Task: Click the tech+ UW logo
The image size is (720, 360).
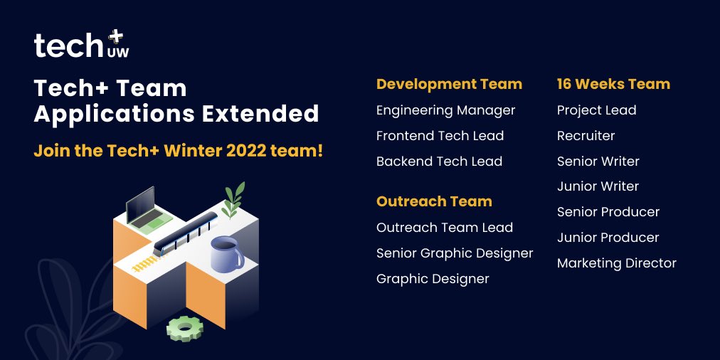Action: point(82,45)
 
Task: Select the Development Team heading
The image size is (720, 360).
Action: point(449,84)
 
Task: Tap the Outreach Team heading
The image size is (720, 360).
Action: point(434,201)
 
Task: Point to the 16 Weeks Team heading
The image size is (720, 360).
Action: point(613,84)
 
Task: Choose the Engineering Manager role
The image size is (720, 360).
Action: point(445,110)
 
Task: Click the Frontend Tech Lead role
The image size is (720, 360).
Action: point(440,136)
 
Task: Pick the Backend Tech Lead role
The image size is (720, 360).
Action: point(439,162)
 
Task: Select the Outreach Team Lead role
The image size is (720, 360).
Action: point(445,228)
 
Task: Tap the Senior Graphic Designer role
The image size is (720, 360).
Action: point(455,253)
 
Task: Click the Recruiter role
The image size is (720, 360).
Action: point(586,136)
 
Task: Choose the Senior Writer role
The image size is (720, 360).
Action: point(598,162)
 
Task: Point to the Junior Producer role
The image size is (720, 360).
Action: point(608,238)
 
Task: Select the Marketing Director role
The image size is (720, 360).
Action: point(616,263)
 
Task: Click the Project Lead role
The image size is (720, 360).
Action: point(596,110)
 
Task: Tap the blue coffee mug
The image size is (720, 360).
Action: point(226,254)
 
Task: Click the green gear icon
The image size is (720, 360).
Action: point(185,328)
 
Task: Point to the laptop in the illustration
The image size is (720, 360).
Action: point(145,209)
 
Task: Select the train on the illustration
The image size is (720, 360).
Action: point(186,231)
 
